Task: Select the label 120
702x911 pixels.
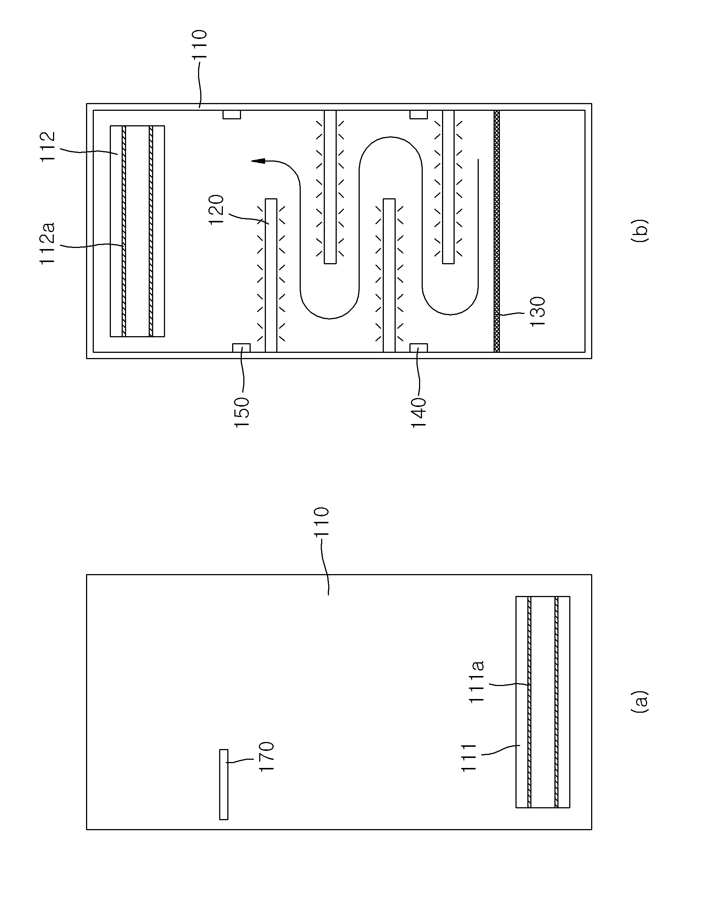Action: (x=217, y=210)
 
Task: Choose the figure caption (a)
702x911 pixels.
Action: (x=639, y=701)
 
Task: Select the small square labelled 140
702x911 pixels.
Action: (x=419, y=348)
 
